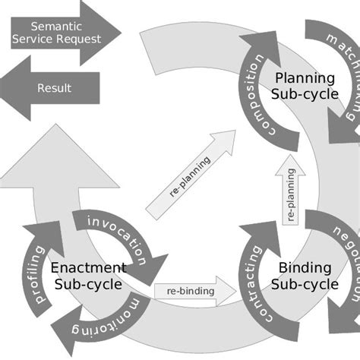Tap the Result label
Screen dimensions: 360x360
point(54,88)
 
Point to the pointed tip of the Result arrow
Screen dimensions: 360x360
point(4,87)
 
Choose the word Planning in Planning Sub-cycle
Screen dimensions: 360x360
point(304,77)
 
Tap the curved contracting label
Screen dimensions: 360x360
point(256,282)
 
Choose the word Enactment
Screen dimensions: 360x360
point(88,267)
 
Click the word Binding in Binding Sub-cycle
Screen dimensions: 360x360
point(305,267)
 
